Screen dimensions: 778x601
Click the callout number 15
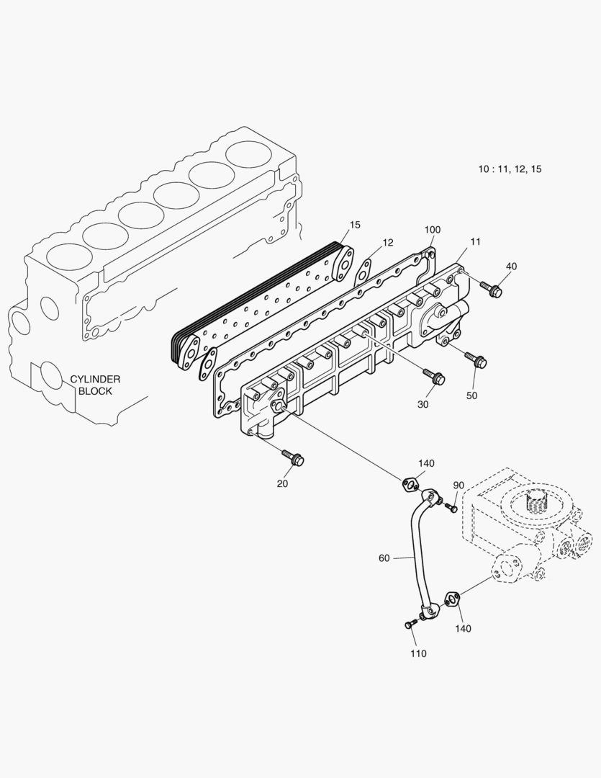355,225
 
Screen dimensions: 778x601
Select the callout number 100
432,230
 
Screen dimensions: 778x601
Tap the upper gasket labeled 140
410,485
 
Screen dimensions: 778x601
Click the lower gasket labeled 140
452,598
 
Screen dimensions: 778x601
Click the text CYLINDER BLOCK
95,385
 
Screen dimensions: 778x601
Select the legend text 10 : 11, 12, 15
510,169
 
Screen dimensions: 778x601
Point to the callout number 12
388,243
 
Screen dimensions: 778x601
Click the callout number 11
475,241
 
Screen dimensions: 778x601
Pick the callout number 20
282,483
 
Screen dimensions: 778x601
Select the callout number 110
418,653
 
